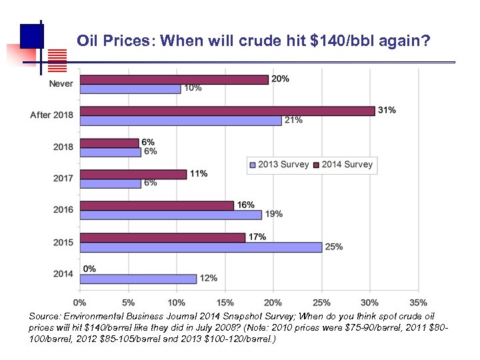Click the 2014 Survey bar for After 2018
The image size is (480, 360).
coord(227,111)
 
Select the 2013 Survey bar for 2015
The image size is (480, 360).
coord(200,247)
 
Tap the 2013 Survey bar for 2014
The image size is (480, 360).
coord(138,279)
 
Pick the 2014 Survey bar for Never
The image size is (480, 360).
coord(173,79)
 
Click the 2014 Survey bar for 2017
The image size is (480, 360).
coord(133,174)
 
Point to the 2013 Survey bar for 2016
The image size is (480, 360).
coord(170,215)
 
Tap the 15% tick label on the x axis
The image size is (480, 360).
coord(224,303)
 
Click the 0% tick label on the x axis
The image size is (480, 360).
coord(79,303)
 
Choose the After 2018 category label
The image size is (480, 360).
coord(51,115)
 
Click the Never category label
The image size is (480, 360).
coord(61,84)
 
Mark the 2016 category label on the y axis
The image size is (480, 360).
coord(63,210)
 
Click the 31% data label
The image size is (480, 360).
coord(387,110)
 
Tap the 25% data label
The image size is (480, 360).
coord(334,247)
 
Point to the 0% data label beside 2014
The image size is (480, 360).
coord(89,269)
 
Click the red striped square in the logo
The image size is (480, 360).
coord(59,61)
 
